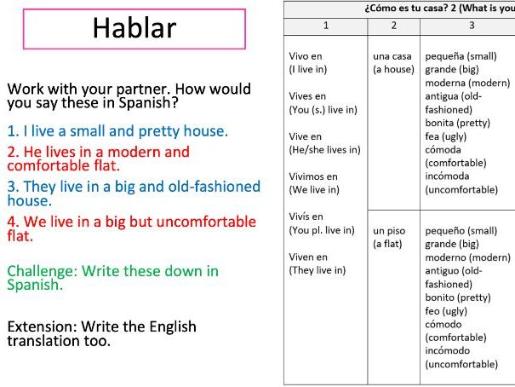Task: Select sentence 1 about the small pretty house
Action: pos(117,131)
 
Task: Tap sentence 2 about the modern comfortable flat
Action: pos(98,159)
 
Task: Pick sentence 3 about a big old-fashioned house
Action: pos(134,193)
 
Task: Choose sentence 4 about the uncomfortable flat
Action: pos(131,228)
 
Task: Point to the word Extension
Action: pos(42,326)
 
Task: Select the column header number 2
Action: pos(393,26)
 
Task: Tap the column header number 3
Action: pos(471,26)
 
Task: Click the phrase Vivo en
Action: pos(307,56)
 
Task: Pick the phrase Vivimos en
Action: pos(313,176)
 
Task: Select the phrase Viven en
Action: pos(308,257)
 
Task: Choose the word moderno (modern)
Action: pos(467,257)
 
